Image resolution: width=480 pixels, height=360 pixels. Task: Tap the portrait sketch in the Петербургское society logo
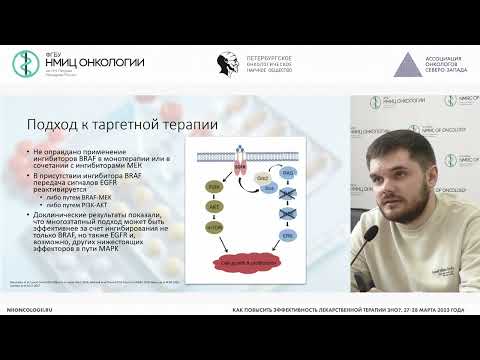tap(228, 63)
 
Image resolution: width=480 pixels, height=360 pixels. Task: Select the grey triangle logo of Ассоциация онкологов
tap(405, 63)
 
